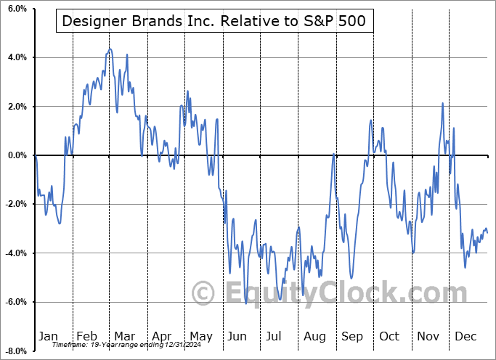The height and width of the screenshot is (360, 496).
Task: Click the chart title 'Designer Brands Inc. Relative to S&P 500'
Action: (x=214, y=21)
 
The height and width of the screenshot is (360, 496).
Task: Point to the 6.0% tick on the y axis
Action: (x=17, y=9)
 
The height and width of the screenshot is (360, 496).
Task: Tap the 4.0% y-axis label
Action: (x=17, y=57)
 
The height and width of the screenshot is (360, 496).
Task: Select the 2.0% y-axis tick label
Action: (x=17, y=107)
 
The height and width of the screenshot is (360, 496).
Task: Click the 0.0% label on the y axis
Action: (x=17, y=155)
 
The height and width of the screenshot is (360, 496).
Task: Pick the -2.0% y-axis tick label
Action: (x=15, y=205)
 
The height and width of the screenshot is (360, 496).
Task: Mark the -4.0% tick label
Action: (x=15, y=253)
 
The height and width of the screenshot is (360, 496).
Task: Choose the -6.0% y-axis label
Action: (x=15, y=302)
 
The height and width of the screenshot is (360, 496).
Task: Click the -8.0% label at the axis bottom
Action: (x=15, y=351)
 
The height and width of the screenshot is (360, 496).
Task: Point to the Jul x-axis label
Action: (x=274, y=336)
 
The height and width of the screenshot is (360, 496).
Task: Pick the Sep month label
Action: (x=351, y=336)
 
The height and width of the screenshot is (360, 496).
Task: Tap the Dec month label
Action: (x=465, y=336)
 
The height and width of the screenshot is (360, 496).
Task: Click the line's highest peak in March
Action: (x=110, y=49)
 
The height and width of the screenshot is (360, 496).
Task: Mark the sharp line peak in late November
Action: (x=442, y=104)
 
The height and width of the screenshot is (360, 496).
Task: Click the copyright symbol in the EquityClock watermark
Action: (x=203, y=293)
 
